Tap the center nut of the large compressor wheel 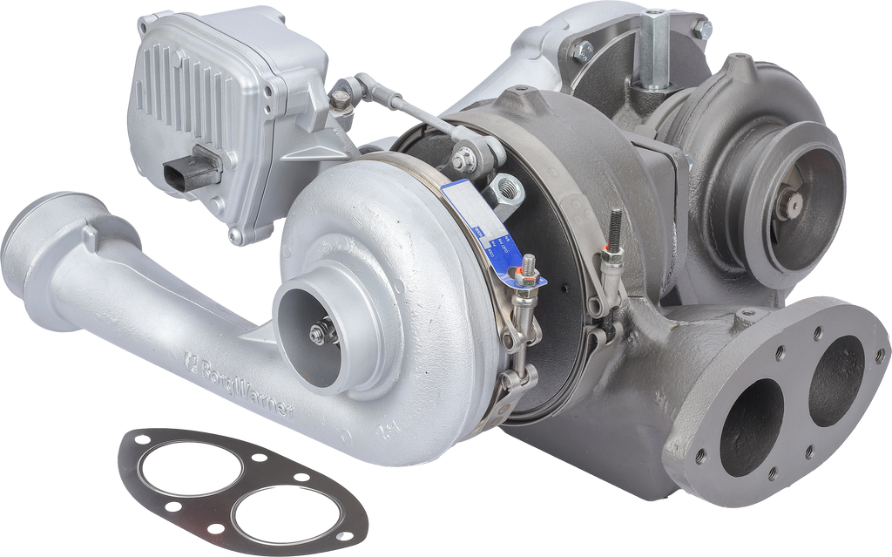[x=320, y=330]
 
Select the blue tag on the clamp [x=501, y=240]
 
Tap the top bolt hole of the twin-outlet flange [x=819, y=332]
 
